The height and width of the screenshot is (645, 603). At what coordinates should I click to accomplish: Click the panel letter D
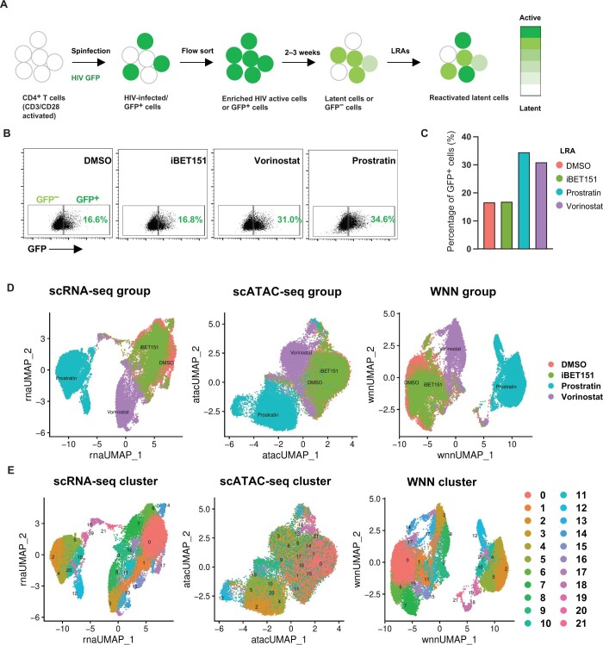click(x=9, y=280)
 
